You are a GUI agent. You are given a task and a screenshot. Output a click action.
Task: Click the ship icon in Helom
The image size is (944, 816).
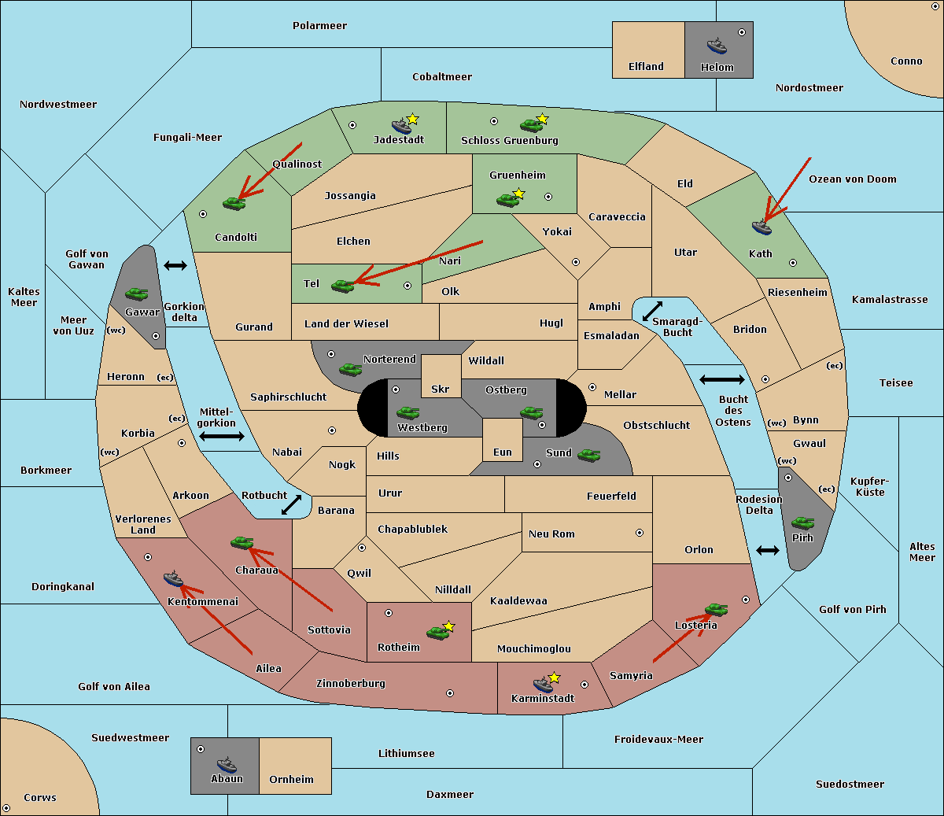pyautogui.click(x=717, y=46)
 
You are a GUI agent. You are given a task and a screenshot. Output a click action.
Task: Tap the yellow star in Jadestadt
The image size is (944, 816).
pyautogui.click(x=412, y=120)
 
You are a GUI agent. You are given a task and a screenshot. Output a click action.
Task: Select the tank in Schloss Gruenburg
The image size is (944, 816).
pyautogui.click(x=531, y=124)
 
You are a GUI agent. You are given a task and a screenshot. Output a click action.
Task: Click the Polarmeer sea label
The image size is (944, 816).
pyautogui.click(x=319, y=26)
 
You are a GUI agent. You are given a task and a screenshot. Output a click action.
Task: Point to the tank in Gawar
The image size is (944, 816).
pyautogui.click(x=137, y=294)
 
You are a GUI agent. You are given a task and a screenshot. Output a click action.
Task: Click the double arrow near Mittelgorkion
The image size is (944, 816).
pyautogui.click(x=222, y=436)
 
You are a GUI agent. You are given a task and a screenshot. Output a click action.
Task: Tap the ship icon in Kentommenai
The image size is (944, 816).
pyautogui.click(x=174, y=578)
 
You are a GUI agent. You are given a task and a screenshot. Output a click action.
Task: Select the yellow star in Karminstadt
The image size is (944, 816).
pyautogui.click(x=554, y=678)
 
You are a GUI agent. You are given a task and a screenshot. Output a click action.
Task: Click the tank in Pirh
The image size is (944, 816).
pyautogui.click(x=802, y=522)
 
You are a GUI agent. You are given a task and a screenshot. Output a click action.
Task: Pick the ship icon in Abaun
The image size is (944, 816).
pyautogui.click(x=227, y=764)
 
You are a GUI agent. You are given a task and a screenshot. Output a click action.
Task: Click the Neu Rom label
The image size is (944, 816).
pyautogui.click(x=551, y=534)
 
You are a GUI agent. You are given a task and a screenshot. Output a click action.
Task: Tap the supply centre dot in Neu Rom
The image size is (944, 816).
pyautogui.click(x=640, y=533)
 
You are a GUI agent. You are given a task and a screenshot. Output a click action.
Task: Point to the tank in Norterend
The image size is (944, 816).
pyautogui.click(x=350, y=369)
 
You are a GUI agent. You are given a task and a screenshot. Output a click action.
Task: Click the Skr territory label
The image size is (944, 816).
pyautogui.click(x=441, y=389)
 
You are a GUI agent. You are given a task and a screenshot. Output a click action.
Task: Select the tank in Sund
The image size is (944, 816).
pyautogui.click(x=588, y=455)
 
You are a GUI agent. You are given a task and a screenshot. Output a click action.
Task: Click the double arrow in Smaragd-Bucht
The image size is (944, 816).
pyautogui.click(x=652, y=311)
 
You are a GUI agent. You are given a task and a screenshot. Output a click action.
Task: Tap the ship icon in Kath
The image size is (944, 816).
pyautogui.click(x=761, y=227)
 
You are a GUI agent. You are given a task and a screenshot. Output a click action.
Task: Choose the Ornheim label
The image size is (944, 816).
pyautogui.click(x=291, y=779)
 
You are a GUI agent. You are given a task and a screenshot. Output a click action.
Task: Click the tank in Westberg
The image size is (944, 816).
pyautogui.click(x=407, y=412)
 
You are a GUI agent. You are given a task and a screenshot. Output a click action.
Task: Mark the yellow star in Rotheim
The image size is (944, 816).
pyautogui.click(x=449, y=626)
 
